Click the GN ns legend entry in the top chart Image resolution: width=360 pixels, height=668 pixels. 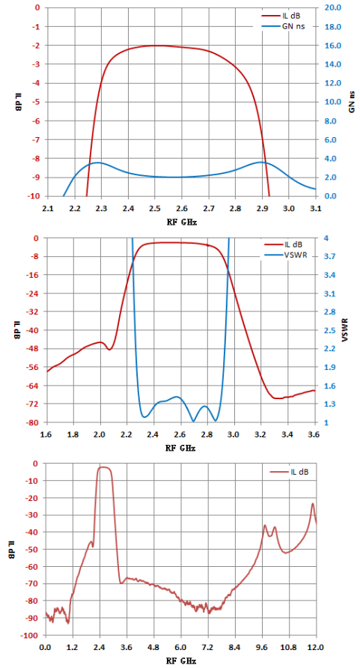283,25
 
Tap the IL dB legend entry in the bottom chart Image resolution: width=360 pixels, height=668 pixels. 290,472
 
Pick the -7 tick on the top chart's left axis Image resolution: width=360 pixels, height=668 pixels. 37,140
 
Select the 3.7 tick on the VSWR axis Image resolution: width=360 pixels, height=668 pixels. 328,256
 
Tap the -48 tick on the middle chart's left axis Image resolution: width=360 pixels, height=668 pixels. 34,348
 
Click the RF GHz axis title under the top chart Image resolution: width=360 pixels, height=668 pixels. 181,222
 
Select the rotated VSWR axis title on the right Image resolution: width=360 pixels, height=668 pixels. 346,330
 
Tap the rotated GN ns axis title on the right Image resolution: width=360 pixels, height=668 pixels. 352,102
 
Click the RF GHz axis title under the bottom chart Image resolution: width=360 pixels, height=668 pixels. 181,661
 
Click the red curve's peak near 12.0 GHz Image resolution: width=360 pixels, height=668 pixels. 313,504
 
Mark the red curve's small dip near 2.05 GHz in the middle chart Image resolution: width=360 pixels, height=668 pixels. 109,349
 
